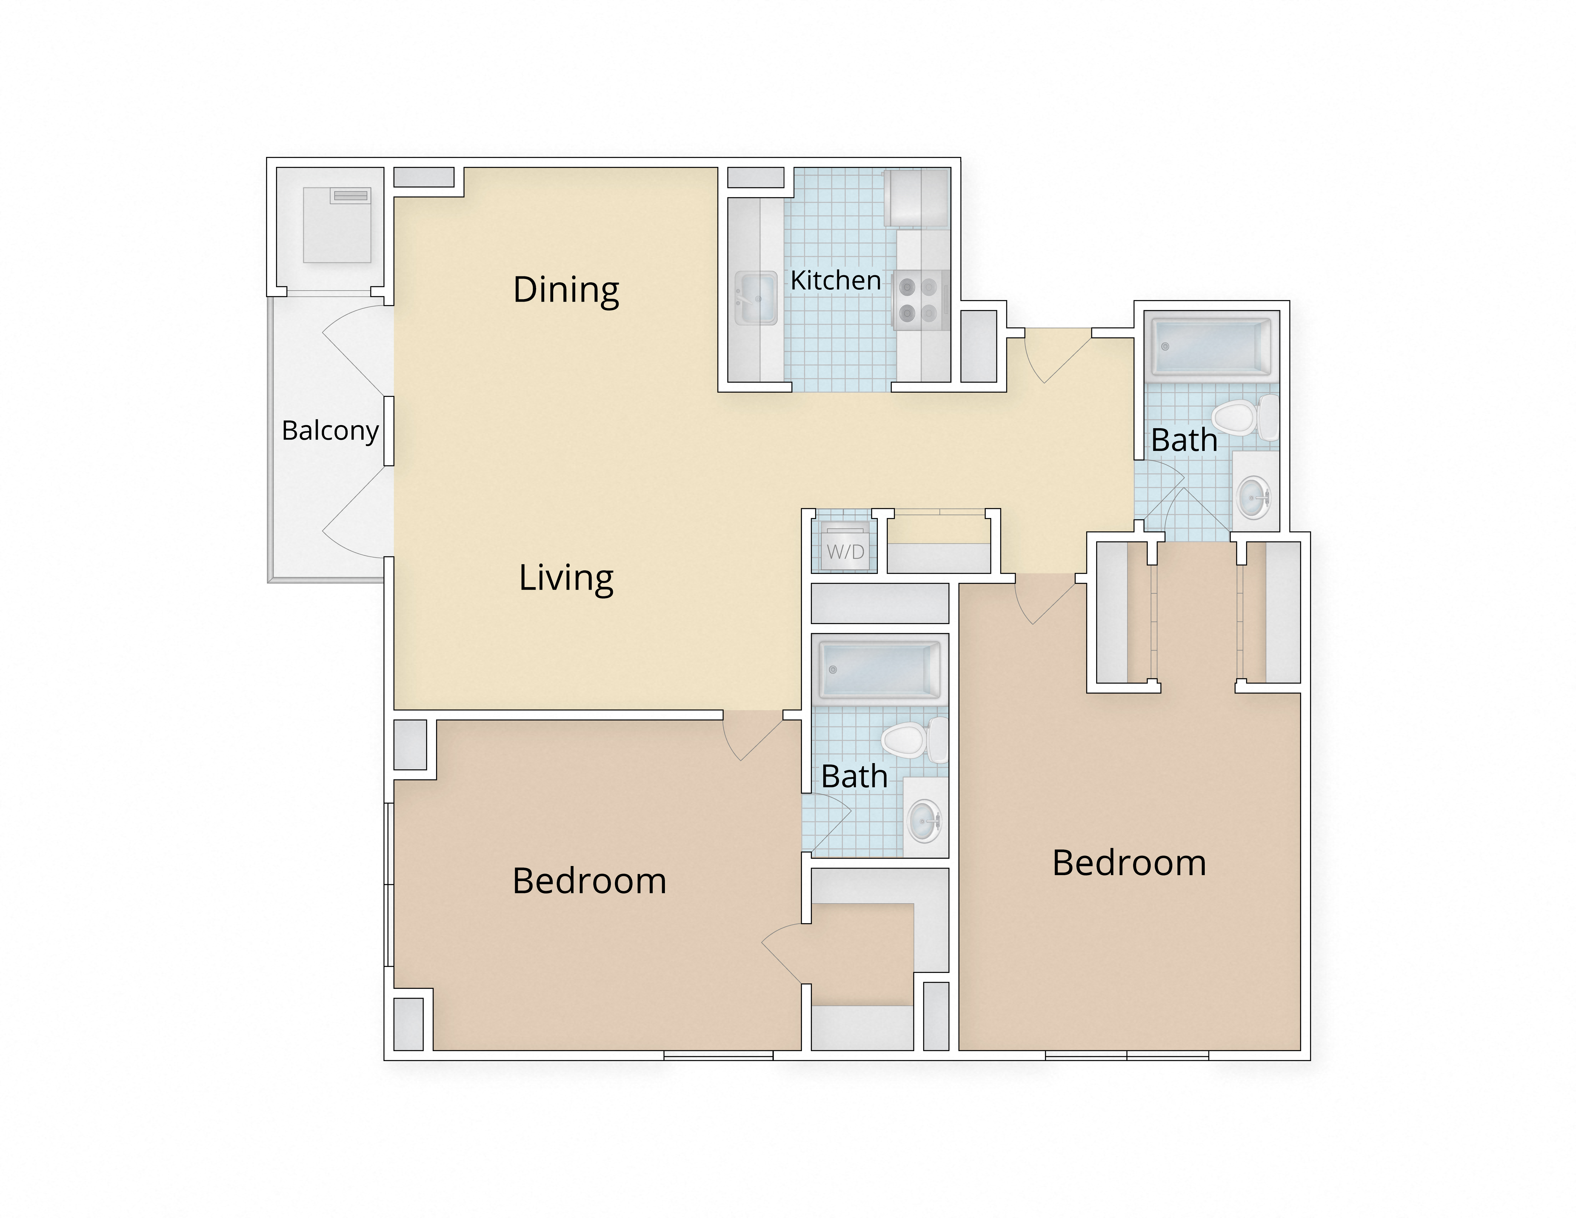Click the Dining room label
(x=566, y=290)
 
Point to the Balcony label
(x=330, y=431)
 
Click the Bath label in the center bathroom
(x=854, y=776)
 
